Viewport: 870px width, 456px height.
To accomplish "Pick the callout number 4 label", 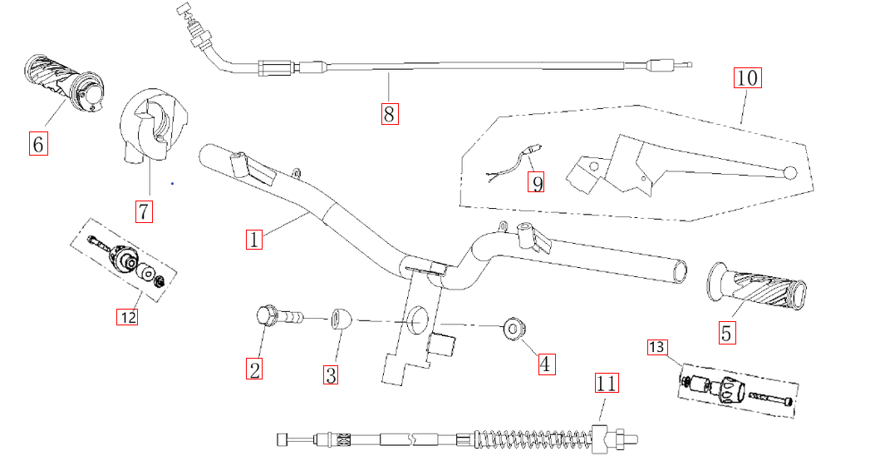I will [x=545, y=363].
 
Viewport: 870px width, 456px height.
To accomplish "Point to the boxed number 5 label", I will [x=727, y=333].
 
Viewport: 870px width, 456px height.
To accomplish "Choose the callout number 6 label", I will [x=37, y=143].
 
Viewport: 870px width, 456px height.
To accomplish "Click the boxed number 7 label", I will [x=144, y=211].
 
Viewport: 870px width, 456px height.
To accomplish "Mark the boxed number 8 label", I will [x=389, y=112].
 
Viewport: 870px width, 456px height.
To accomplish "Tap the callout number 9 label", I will [x=537, y=181].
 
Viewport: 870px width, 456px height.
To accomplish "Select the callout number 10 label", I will [x=746, y=78].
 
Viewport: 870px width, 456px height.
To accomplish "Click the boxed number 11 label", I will [x=606, y=384].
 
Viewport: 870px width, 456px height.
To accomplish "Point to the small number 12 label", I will [x=127, y=316].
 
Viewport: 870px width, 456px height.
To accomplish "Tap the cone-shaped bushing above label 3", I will [x=339, y=318].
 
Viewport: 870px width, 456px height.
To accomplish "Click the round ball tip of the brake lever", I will [x=790, y=173].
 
